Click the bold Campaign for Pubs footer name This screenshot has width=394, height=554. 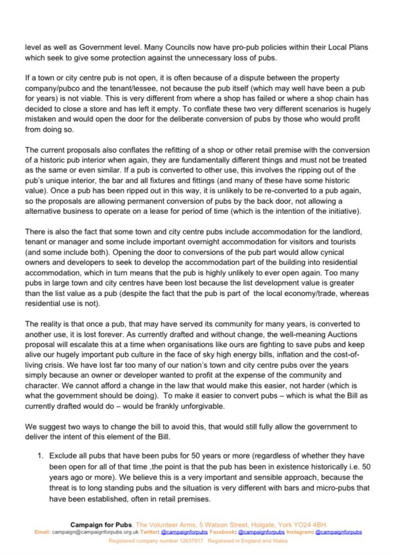pos(102,524)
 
